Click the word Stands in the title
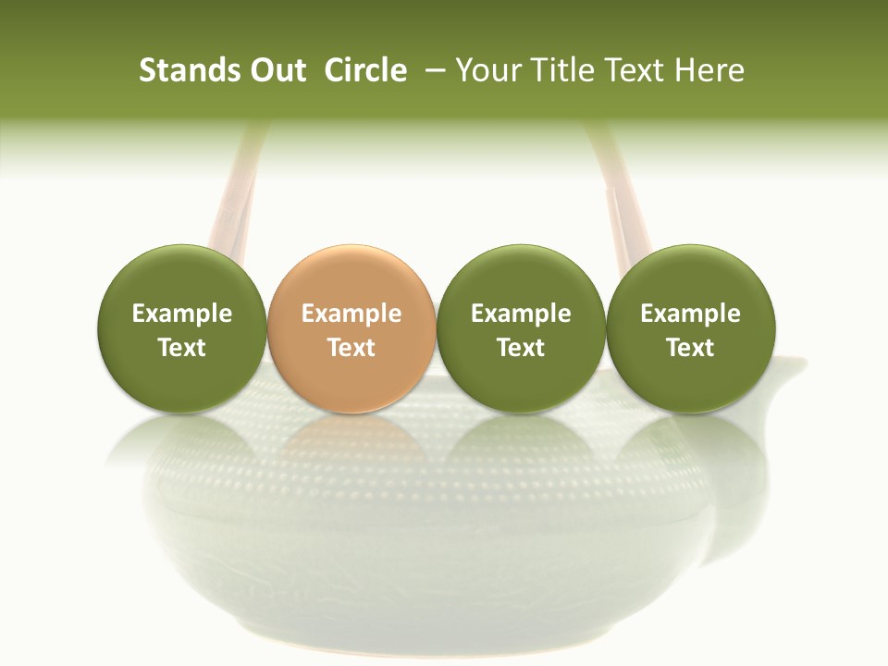tap(181, 71)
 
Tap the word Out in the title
tap(276, 71)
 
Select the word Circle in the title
tap(365, 71)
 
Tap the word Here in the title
tap(707, 71)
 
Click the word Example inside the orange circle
tap(351, 314)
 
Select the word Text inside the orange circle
tap(351, 348)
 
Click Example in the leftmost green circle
tap(182, 314)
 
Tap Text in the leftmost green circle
tap(182, 348)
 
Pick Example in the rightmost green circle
tap(690, 314)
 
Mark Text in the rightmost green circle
tap(690, 348)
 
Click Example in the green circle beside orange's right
tap(521, 314)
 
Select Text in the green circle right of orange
tap(521, 348)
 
